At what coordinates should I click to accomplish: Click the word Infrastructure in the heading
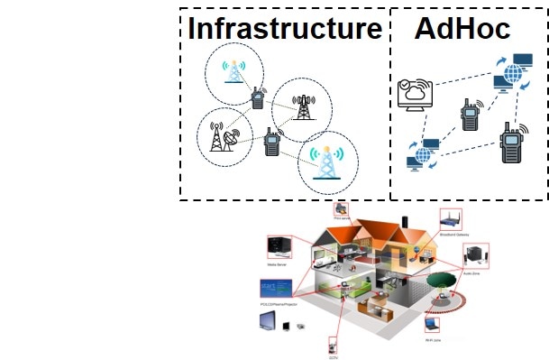tap(285, 29)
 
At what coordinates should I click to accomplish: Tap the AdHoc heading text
tap(462, 29)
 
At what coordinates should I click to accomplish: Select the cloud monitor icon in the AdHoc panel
tap(416, 96)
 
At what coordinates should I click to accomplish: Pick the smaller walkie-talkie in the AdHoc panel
tap(467, 118)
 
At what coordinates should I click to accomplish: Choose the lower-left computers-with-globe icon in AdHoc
tap(421, 154)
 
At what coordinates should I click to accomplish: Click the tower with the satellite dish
tap(220, 135)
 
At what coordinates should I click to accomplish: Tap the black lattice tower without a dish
tap(303, 105)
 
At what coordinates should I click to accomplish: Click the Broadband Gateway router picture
tap(450, 219)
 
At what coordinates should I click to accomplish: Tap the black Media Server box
tap(279, 245)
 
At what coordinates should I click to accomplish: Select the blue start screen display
tap(271, 290)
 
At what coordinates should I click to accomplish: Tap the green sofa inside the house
tap(371, 308)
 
